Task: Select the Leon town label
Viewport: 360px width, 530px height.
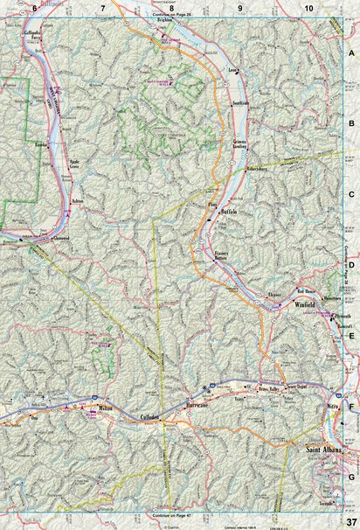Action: pyautogui.click(x=232, y=68)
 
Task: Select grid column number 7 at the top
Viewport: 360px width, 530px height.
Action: pyautogui.click(x=103, y=8)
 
